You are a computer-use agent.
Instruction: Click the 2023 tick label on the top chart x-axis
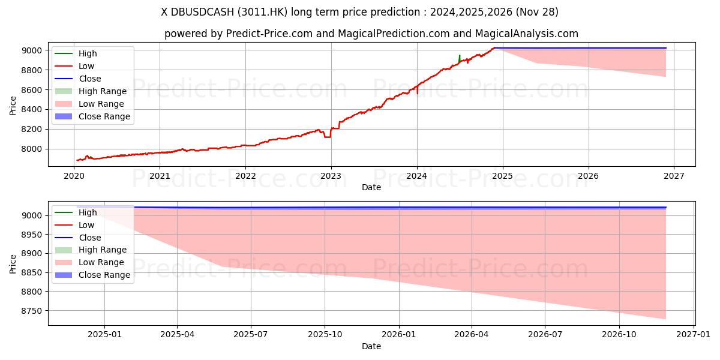coord(331,176)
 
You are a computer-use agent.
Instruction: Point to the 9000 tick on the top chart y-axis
coord(33,50)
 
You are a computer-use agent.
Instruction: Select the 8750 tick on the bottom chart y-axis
coord(33,311)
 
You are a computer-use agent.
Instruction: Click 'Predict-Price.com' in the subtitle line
coord(269,34)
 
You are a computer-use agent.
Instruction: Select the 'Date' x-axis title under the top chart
coord(371,187)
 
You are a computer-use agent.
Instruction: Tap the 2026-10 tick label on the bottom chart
coord(619,335)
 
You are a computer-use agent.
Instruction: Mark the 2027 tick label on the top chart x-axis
coord(674,176)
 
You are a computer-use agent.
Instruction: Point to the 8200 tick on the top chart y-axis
coord(33,129)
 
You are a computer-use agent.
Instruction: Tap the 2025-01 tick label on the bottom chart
coord(104,335)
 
